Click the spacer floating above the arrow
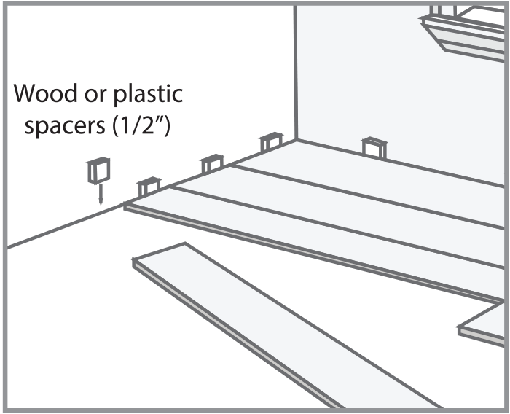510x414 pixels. pyautogui.click(x=98, y=171)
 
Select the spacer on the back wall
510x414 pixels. pyautogui.click(x=374, y=147)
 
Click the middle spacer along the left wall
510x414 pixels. pyautogui.click(x=212, y=164)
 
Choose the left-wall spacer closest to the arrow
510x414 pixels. pyautogui.click(x=149, y=187)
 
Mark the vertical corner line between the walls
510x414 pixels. pyautogui.click(x=296, y=73)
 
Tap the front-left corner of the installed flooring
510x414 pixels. pyautogui.click(x=127, y=207)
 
